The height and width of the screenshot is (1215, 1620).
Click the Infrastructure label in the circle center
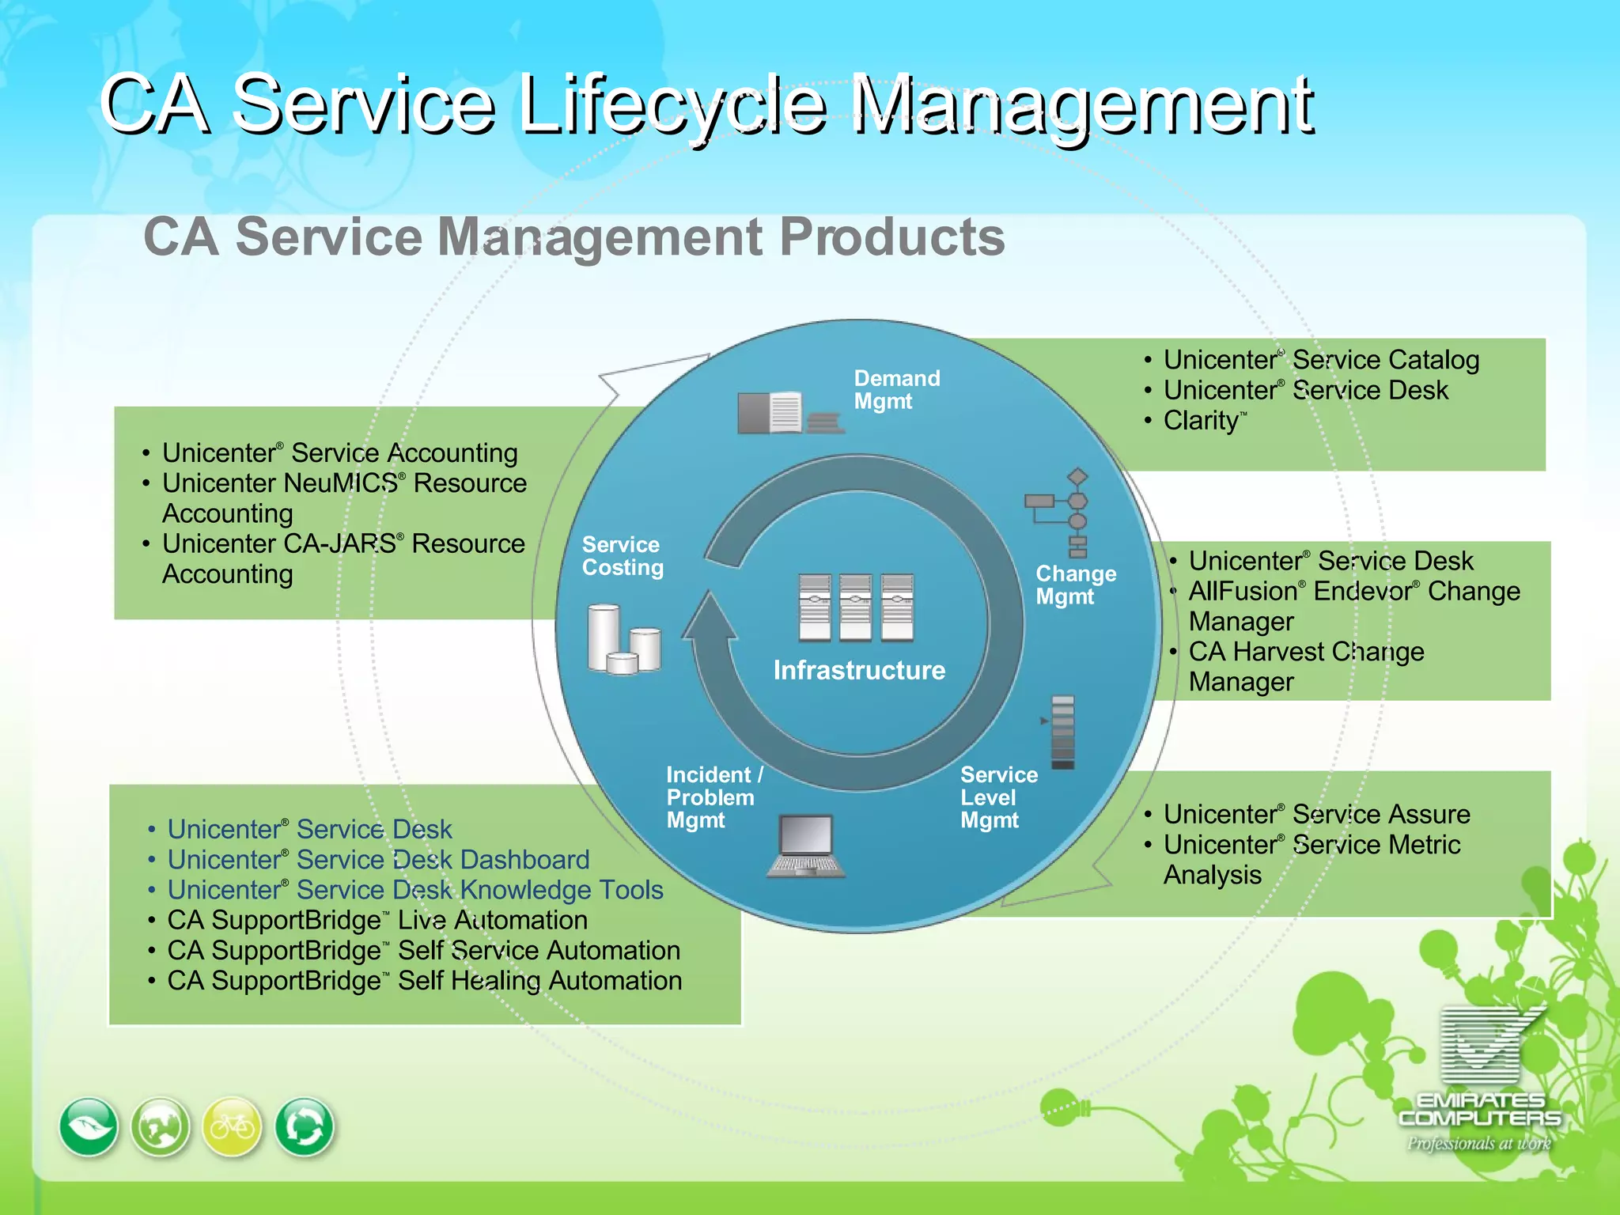tap(859, 670)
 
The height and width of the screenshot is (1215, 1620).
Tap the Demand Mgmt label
tap(896, 389)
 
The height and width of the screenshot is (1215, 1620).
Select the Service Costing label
tap(623, 556)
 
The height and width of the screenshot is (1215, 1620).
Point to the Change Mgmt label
tap(1076, 585)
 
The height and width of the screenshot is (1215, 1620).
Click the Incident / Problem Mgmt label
tap(713, 797)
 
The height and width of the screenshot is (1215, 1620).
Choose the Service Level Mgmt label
tap(998, 797)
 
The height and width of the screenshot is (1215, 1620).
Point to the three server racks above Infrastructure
tap(856, 607)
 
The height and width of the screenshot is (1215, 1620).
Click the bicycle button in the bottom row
tap(233, 1126)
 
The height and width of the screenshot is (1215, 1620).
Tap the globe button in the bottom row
tap(161, 1126)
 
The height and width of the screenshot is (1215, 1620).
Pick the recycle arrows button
tap(305, 1126)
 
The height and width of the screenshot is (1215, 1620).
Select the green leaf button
tap(89, 1126)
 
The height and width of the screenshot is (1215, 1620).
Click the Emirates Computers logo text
tap(1479, 1109)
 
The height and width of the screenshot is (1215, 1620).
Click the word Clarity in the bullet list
tap(1201, 421)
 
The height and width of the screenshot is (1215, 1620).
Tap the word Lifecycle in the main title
tap(674, 105)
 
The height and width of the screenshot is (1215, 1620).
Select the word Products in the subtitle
tap(891, 237)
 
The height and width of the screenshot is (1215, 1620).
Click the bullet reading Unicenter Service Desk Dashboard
tap(378, 860)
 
